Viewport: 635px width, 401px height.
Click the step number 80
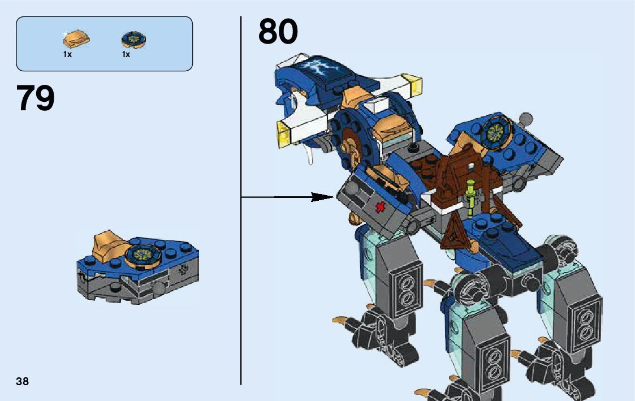coord(278,32)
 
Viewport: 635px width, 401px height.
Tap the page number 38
coord(22,381)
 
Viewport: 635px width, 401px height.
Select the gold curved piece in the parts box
coord(75,40)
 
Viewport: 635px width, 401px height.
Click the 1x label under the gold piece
coord(67,55)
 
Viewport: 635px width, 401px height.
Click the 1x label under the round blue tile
coord(126,55)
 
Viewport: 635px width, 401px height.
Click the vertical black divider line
coord(241,226)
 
